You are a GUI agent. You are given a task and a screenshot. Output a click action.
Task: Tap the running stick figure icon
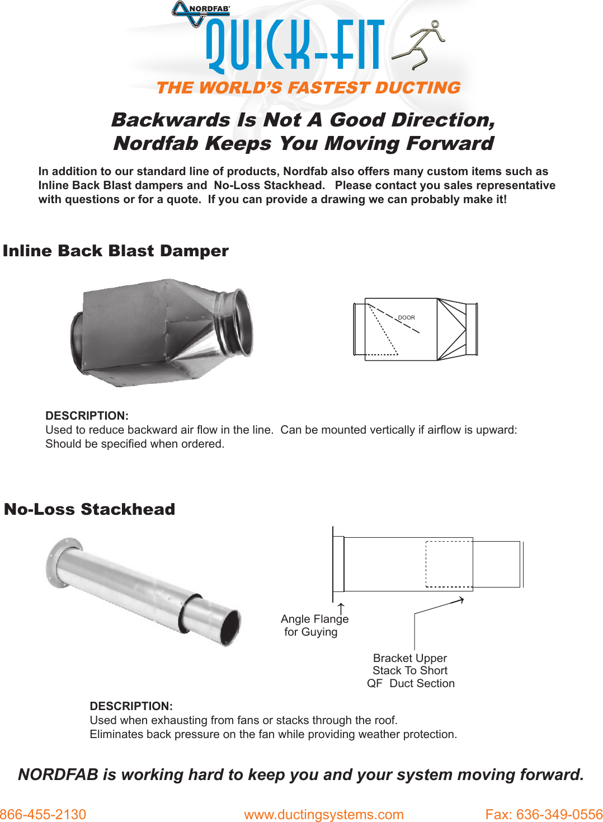coord(421,45)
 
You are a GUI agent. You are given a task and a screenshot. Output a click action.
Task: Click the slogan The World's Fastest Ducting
coord(308,88)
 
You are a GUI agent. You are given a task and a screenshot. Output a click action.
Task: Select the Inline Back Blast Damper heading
coord(116,251)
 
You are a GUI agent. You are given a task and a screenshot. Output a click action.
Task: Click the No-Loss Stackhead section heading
coord(89,509)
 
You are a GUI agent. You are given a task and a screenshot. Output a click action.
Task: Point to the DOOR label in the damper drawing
coord(407,317)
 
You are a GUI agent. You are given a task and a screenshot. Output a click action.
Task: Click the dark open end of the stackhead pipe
coord(230,627)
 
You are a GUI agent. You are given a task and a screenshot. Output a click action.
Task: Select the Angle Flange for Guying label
coord(314,625)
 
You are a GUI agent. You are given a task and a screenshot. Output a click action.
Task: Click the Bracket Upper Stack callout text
coord(410,670)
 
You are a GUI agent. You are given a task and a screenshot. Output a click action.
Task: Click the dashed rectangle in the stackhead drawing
coord(449,563)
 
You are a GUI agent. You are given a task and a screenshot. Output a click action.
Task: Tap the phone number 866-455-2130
coord(43,814)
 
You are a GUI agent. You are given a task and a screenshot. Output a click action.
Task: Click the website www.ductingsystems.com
coord(323,814)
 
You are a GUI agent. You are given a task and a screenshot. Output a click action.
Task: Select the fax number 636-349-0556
coord(544,814)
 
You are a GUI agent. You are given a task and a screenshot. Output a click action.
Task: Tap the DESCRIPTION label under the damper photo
coord(87,416)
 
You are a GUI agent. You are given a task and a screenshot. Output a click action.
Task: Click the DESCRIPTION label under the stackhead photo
coord(131,706)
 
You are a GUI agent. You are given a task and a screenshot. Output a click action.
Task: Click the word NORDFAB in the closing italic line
coord(58,774)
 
